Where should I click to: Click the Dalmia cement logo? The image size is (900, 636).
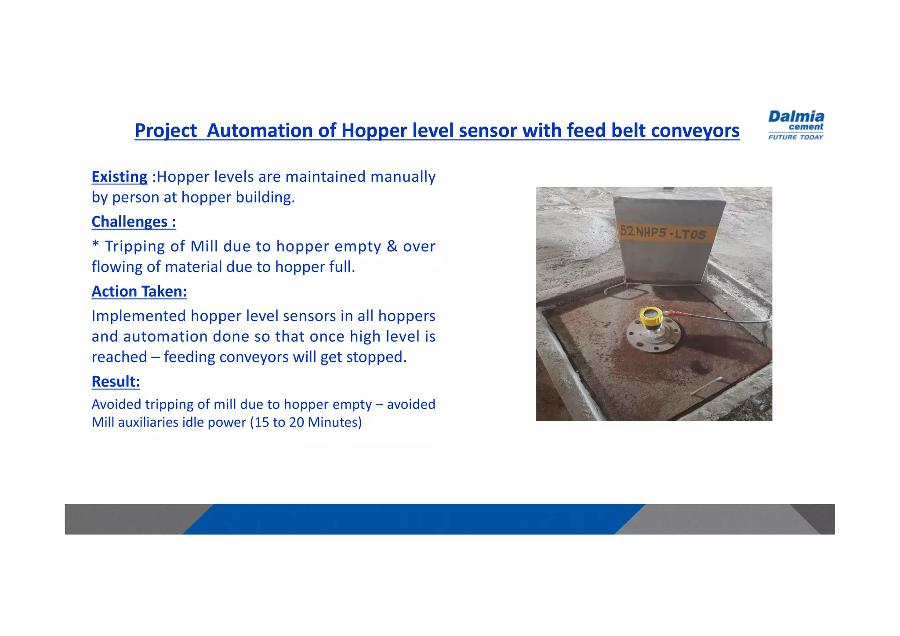pyautogui.click(x=795, y=125)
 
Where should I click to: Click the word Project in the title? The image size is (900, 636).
pyautogui.click(x=166, y=131)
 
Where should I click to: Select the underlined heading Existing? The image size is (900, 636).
pyautogui.click(x=119, y=177)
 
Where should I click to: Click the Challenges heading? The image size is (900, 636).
pyautogui.click(x=134, y=222)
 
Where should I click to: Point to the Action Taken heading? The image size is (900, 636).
pyautogui.click(x=139, y=292)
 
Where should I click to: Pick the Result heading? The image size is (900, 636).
pyautogui.click(x=116, y=382)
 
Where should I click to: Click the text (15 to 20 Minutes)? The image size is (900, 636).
pyautogui.click(x=306, y=423)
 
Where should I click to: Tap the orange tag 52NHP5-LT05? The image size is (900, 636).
pyautogui.click(x=663, y=233)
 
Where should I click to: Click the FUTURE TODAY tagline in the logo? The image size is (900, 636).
pyautogui.click(x=795, y=137)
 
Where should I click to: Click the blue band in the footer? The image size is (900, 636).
pyautogui.click(x=413, y=519)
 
